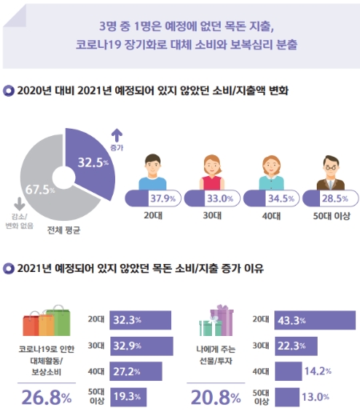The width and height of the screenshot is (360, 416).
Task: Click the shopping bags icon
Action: point(47,322)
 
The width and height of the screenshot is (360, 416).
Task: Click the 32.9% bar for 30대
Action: point(141,346)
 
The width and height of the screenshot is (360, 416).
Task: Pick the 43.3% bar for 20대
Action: point(312,320)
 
